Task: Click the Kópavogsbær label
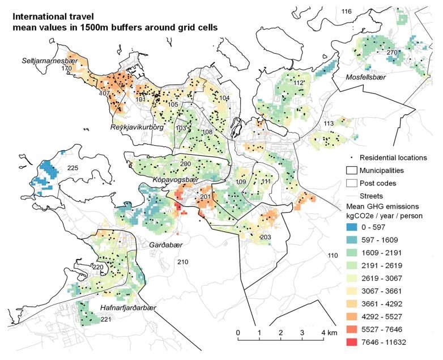(173, 179)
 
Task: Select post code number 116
(347, 11)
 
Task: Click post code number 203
(265, 236)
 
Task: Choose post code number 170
(66, 69)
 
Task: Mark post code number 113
(329, 124)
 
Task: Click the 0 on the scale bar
(238, 332)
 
